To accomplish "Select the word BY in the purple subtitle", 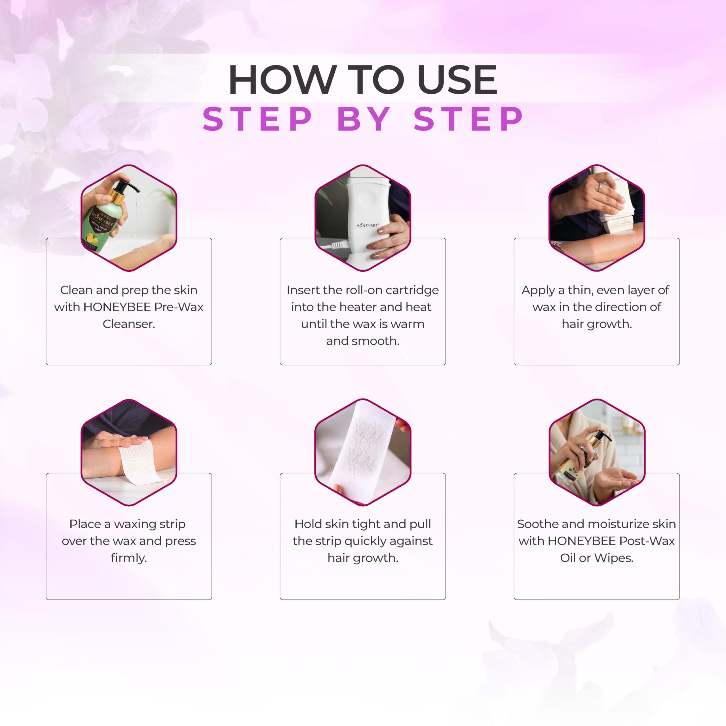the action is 364,119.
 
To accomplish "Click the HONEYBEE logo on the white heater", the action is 368,225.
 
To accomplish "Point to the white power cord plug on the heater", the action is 337,246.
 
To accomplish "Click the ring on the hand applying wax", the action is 600,187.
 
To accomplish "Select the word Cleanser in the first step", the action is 129,324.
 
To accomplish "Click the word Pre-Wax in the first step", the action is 179,307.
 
